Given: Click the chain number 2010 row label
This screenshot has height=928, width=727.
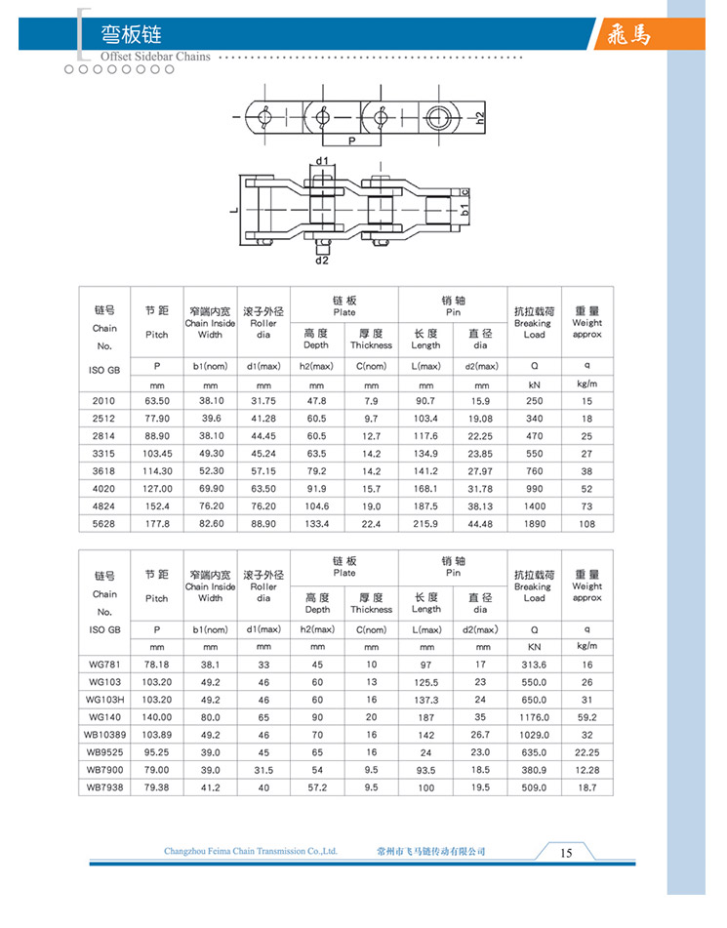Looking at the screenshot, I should click(103, 401).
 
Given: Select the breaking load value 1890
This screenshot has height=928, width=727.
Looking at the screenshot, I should click(534, 524).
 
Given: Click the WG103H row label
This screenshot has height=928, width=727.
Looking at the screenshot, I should click(104, 699).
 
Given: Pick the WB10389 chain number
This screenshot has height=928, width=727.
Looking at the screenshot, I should click(104, 734).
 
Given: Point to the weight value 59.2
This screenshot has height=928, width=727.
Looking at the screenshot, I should click(586, 716).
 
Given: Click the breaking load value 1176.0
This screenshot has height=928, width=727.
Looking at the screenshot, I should click(534, 716).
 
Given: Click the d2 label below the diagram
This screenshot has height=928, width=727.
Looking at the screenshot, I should click(322, 261).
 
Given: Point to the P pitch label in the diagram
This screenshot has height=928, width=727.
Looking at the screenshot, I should click(349, 141).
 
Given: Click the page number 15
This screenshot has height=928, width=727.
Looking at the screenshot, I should click(566, 853).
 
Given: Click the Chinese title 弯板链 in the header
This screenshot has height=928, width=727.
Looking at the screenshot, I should click(132, 35).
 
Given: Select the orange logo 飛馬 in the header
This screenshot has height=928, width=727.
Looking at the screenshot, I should click(626, 35).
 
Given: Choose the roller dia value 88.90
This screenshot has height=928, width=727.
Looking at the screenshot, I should click(263, 524).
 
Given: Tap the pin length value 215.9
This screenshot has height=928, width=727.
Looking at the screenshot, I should click(426, 524).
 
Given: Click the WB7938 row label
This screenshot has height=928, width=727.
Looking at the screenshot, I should click(104, 787).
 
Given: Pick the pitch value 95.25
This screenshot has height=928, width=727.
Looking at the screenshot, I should click(157, 751).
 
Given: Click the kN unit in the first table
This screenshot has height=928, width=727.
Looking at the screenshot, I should click(534, 384).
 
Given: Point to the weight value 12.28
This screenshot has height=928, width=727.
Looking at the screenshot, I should click(586, 769).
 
